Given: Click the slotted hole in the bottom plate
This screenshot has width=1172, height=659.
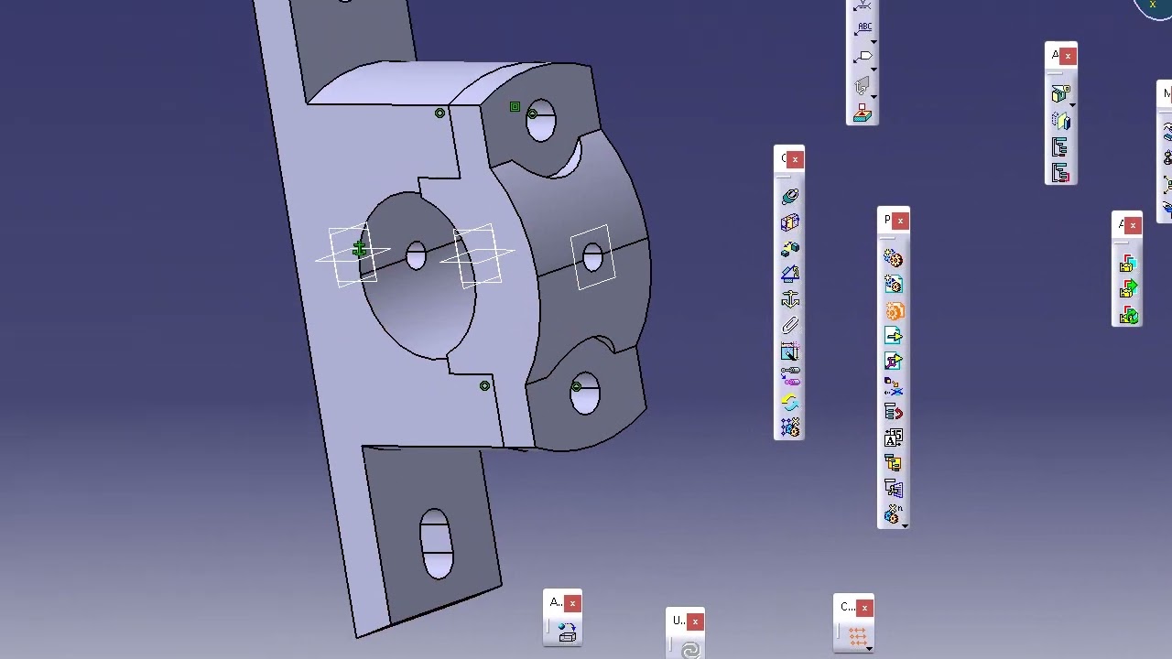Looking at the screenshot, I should pyautogui.click(x=436, y=544).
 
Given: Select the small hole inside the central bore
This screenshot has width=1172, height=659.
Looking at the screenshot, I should pyautogui.click(x=416, y=255).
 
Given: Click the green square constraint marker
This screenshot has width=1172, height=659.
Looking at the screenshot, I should pyautogui.click(x=515, y=108).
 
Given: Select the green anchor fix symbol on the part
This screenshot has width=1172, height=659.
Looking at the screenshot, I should pyautogui.click(x=359, y=249).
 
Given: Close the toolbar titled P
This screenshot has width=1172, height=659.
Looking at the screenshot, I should pyautogui.click(x=901, y=221).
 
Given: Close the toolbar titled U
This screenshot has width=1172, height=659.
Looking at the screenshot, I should pyautogui.click(x=695, y=622).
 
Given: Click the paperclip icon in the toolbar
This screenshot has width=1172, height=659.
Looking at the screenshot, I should pyautogui.click(x=790, y=326).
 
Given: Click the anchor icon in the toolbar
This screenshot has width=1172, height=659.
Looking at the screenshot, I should pyautogui.click(x=790, y=299).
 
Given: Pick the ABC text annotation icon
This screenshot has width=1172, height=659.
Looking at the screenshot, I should pyautogui.click(x=863, y=27).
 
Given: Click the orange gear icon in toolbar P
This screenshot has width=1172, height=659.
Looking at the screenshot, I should pyautogui.click(x=894, y=311).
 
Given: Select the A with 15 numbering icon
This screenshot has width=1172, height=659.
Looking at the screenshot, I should pyautogui.click(x=894, y=438).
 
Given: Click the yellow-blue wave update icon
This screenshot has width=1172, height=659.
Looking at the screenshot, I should pyautogui.click(x=790, y=403).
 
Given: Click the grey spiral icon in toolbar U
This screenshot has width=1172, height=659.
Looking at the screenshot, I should pyautogui.click(x=690, y=649).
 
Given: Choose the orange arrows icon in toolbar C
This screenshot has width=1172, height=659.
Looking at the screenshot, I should pyautogui.click(x=857, y=635).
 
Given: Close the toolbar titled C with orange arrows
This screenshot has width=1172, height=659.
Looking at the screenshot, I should pyautogui.click(x=864, y=608).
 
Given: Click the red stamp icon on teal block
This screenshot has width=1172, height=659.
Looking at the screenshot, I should pyautogui.click(x=863, y=113).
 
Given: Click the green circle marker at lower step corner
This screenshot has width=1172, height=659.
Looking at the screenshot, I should pyautogui.click(x=484, y=386).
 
